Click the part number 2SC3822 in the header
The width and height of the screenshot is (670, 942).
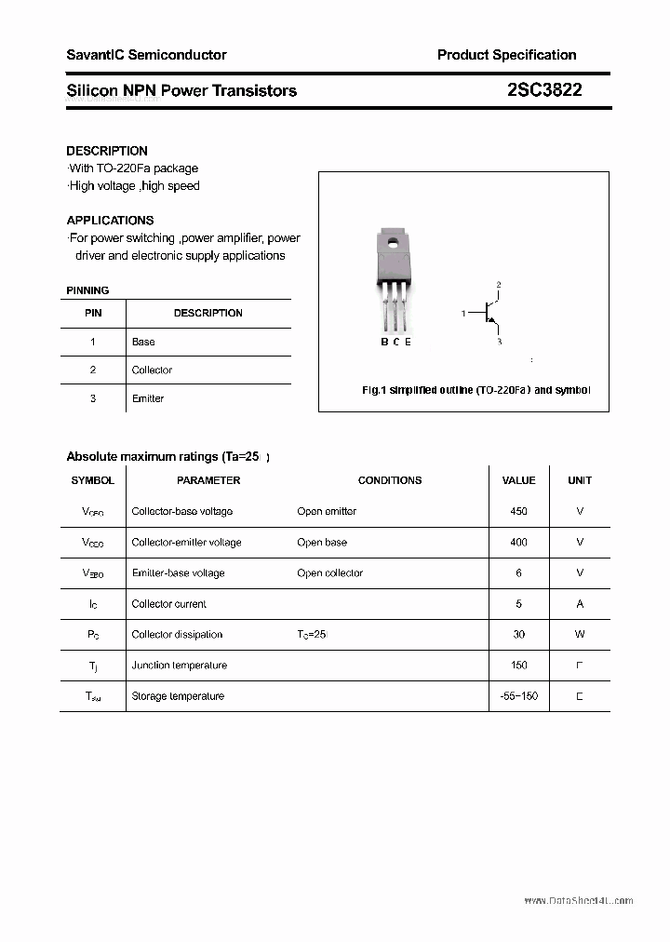coord(544,90)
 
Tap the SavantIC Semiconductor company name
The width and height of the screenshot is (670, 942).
coord(146,55)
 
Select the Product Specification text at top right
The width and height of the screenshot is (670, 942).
coord(506,55)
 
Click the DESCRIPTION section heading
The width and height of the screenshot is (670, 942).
coord(107,151)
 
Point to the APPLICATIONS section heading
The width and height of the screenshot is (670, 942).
coord(110,221)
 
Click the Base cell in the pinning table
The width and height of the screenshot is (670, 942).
coord(143,342)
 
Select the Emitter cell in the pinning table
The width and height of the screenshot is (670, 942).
coord(148,398)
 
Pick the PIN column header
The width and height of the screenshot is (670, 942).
coord(93,313)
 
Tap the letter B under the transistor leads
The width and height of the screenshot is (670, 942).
coord(383,342)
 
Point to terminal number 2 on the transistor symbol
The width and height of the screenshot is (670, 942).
coord(499,284)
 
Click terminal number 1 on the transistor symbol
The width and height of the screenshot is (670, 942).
coord(463,314)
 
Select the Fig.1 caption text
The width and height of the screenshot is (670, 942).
coord(476,390)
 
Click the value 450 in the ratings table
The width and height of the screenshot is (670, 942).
coord(518,511)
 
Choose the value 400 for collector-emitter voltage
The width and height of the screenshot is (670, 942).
coord(518,542)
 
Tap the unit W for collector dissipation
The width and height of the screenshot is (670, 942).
coord(580,634)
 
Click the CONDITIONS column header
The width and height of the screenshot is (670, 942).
coord(390,480)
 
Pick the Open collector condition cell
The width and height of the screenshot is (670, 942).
coord(329,572)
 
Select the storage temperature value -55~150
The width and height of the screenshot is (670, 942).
coord(518,695)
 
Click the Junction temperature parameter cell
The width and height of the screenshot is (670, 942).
coord(180,665)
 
